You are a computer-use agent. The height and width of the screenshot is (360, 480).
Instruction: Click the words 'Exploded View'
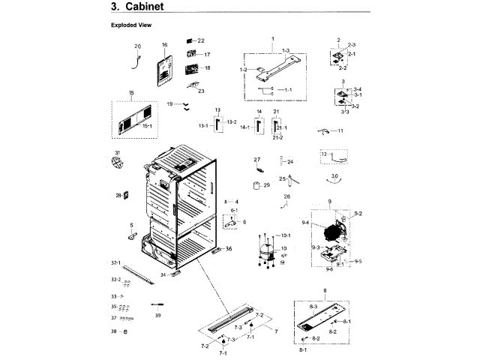pyautogui.click(x=131, y=25)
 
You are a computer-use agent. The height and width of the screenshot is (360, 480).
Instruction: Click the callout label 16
pyautogui.click(x=164, y=45)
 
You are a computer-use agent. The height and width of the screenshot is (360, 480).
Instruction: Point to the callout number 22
pyautogui.click(x=201, y=40)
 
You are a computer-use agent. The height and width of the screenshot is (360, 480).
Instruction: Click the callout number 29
pyautogui.click(x=265, y=184)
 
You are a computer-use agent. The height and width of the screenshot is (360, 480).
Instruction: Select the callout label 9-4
pyautogui.click(x=305, y=223)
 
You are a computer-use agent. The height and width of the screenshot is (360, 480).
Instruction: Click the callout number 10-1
pyautogui.click(x=285, y=235)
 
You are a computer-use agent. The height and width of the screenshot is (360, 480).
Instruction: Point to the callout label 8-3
pyautogui.click(x=313, y=307)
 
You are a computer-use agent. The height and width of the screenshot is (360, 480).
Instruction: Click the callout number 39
pyautogui.click(x=157, y=316)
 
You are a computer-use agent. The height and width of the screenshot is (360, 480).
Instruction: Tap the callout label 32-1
pyautogui.click(x=115, y=262)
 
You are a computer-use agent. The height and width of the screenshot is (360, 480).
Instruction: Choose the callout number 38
pyautogui.click(x=114, y=331)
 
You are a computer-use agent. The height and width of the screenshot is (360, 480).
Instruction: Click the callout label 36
pyautogui.click(x=229, y=249)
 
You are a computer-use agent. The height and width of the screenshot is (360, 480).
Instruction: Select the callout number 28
pyautogui.click(x=118, y=196)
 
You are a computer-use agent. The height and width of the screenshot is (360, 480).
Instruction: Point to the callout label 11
pyautogui.click(x=340, y=131)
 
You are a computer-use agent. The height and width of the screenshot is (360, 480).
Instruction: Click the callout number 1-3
pyautogui.click(x=285, y=49)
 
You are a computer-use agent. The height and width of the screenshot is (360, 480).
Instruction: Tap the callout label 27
pyautogui.click(x=256, y=160)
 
